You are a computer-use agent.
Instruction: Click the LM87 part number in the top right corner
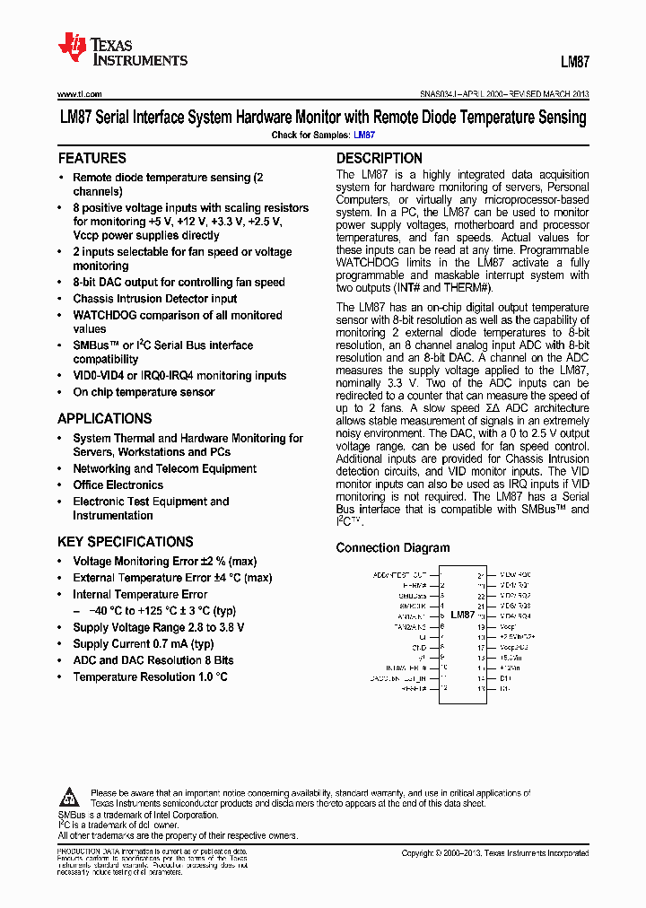[574, 63]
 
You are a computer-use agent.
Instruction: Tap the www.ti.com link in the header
[80, 93]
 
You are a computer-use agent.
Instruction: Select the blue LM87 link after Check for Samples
[364, 135]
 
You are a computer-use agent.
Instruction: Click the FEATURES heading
[92, 158]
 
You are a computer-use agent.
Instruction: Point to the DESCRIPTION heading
[379, 158]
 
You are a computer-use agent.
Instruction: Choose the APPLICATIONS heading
[104, 418]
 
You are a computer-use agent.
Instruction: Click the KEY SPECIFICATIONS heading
[125, 542]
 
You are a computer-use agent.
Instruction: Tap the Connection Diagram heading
[393, 547]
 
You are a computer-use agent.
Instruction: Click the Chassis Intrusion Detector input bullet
[155, 299]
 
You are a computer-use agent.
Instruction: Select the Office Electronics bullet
[118, 485]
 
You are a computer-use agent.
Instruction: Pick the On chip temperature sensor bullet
[144, 392]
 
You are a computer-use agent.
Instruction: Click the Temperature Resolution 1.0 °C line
[150, 677]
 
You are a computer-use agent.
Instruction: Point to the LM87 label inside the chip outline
[462, 615]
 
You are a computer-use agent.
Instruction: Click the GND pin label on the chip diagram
[419, 647]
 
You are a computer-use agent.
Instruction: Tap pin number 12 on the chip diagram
[442, 689]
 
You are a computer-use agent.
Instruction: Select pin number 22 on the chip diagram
[481, 595]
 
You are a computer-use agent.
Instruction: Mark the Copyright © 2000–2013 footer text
[494, 853]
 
